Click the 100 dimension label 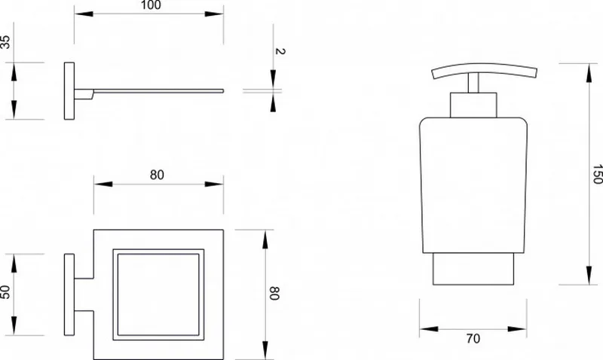click(151, 5)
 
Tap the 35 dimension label click(5, 42)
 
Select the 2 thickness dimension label click(280, 51)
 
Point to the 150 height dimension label click(597, 174)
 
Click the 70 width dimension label click(473, 338)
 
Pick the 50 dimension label click(5, 292)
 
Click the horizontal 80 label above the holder click(157, 175)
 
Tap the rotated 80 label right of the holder click(274, 293)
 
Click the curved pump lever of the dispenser click(484, 69)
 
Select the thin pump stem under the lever click(473, 83)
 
